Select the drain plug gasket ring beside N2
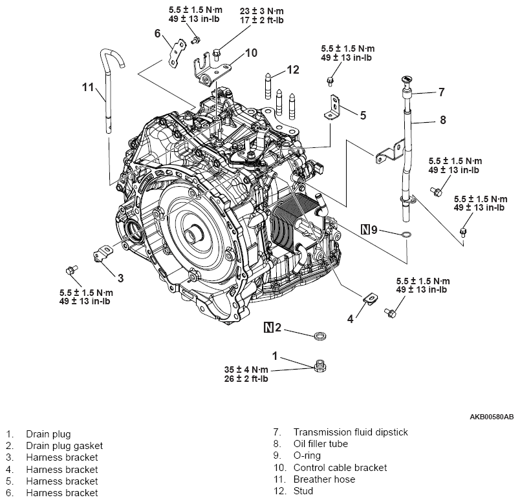tap(319, 335)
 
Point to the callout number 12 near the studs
tap(293, 70)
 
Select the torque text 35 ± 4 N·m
tap(246, 370)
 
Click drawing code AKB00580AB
tap(492, 417)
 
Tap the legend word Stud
tap(303, 491)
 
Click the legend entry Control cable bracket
tap(340, 468)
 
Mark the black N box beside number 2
tap(268, 328)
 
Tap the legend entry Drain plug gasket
tap(64, 446)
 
